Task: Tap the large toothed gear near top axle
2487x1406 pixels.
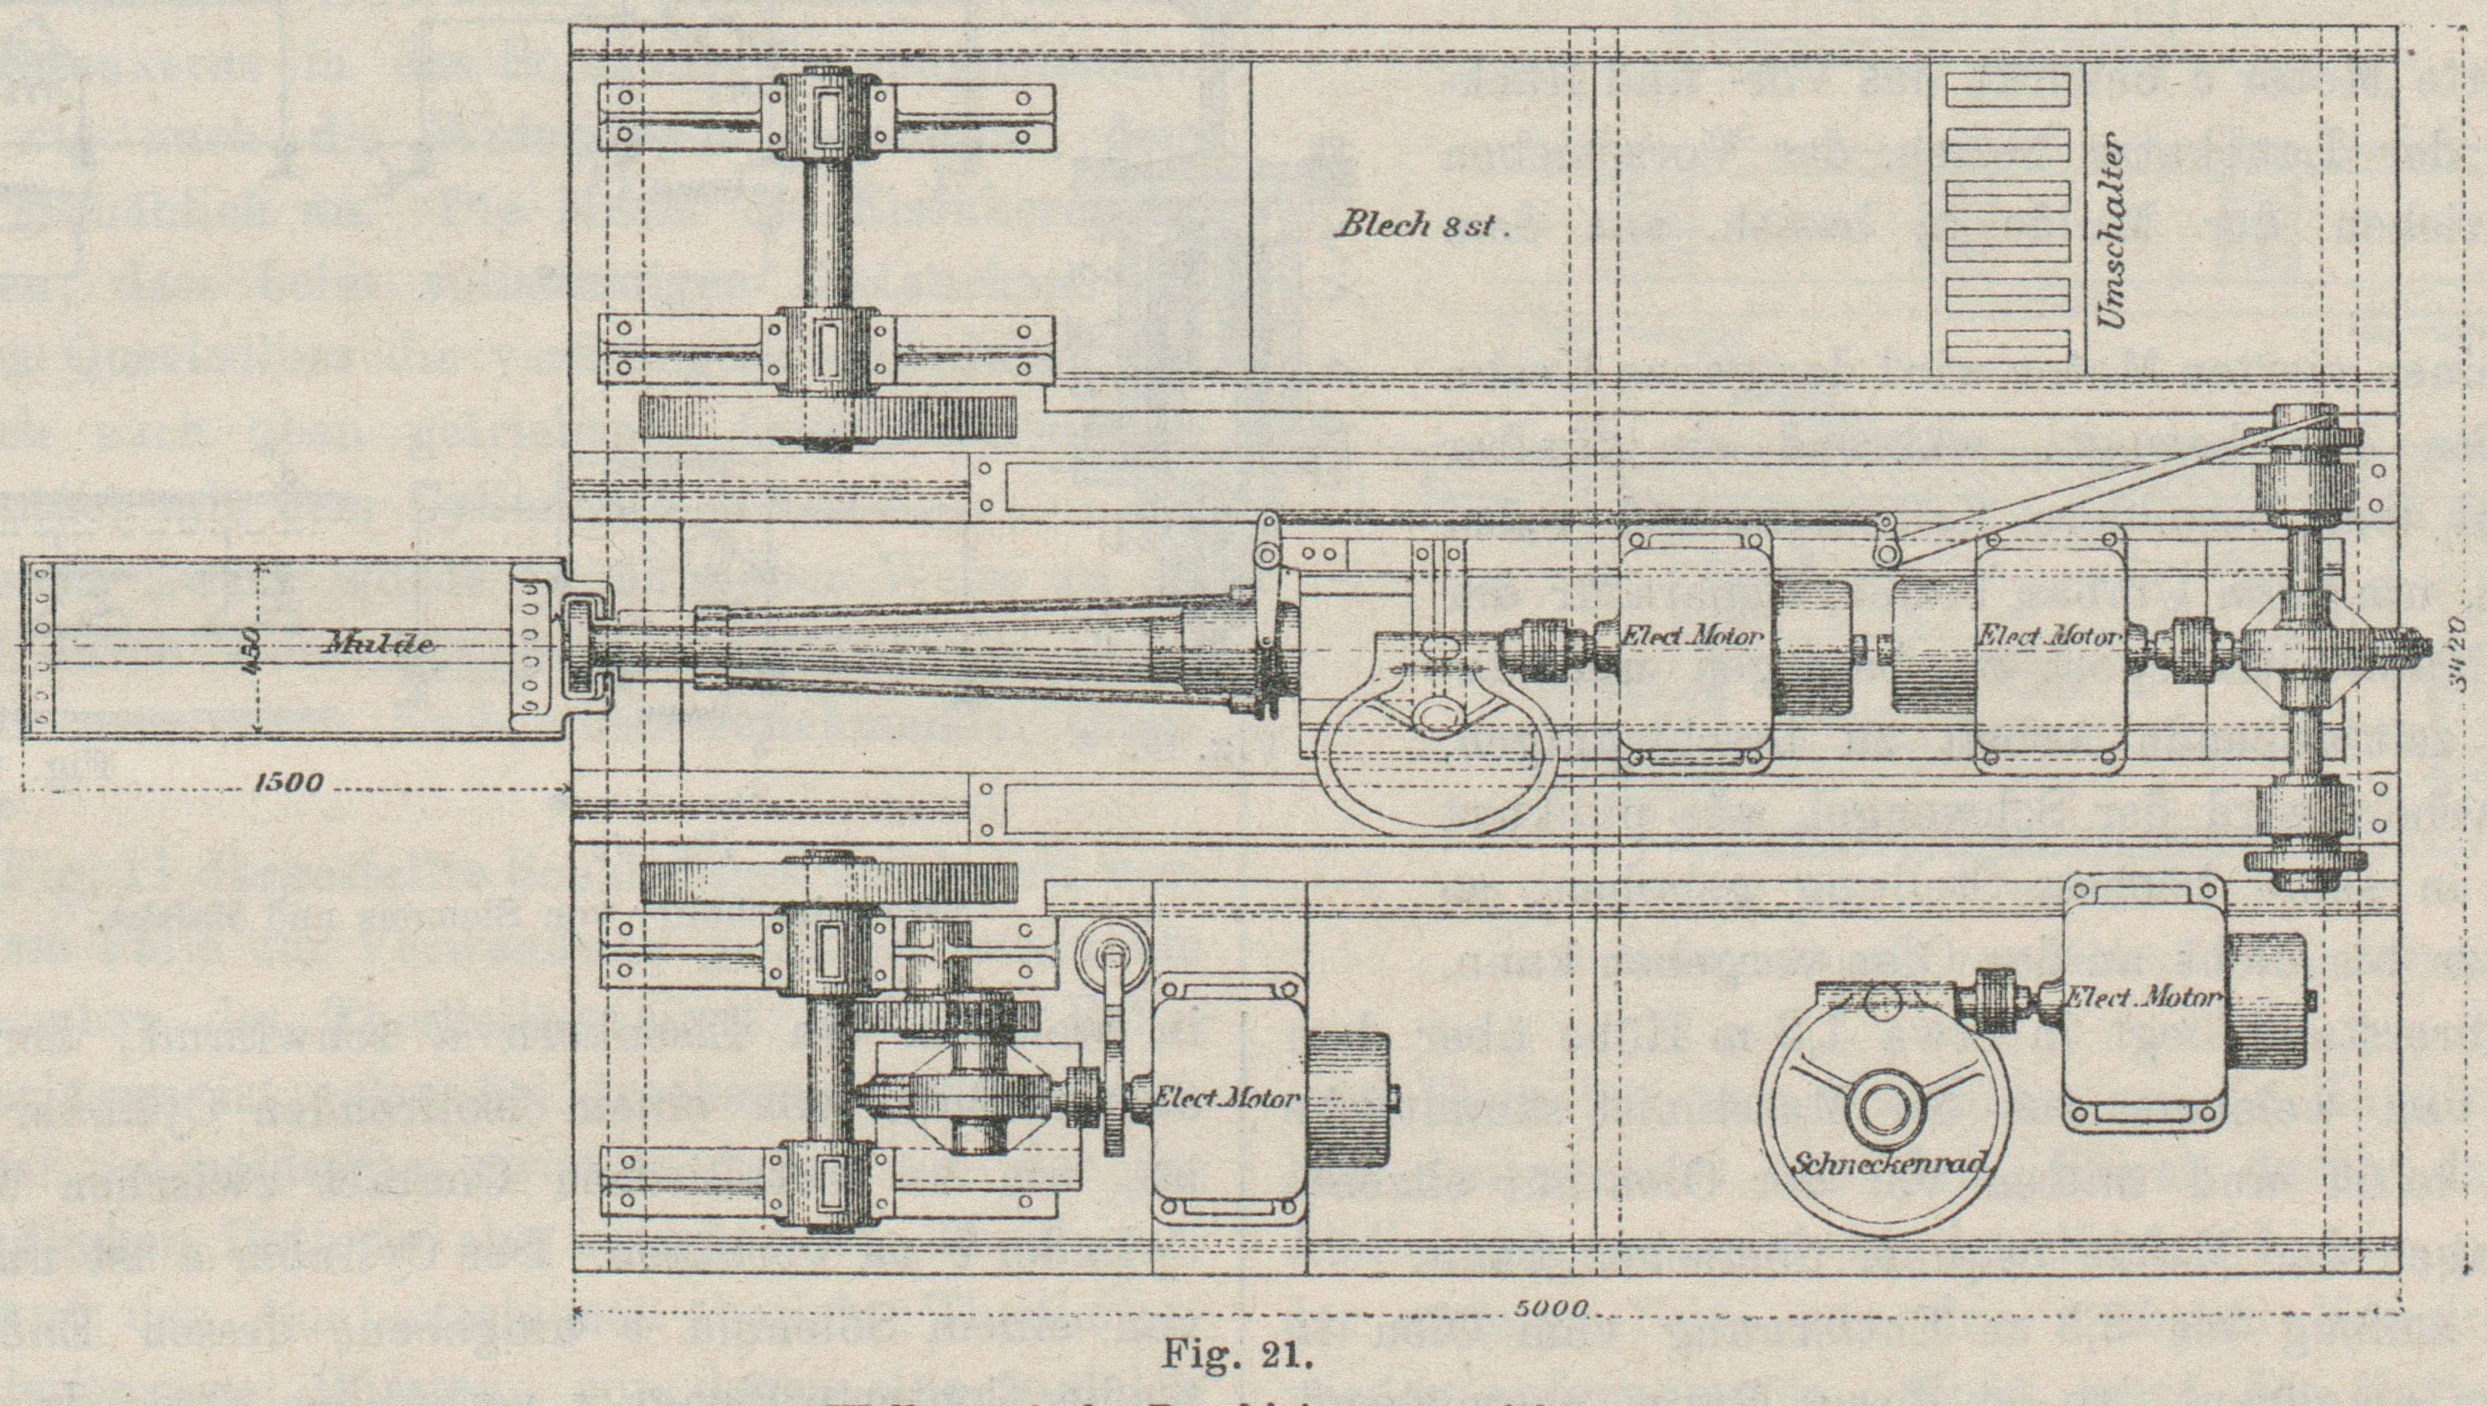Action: click(x=829, y=420)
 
